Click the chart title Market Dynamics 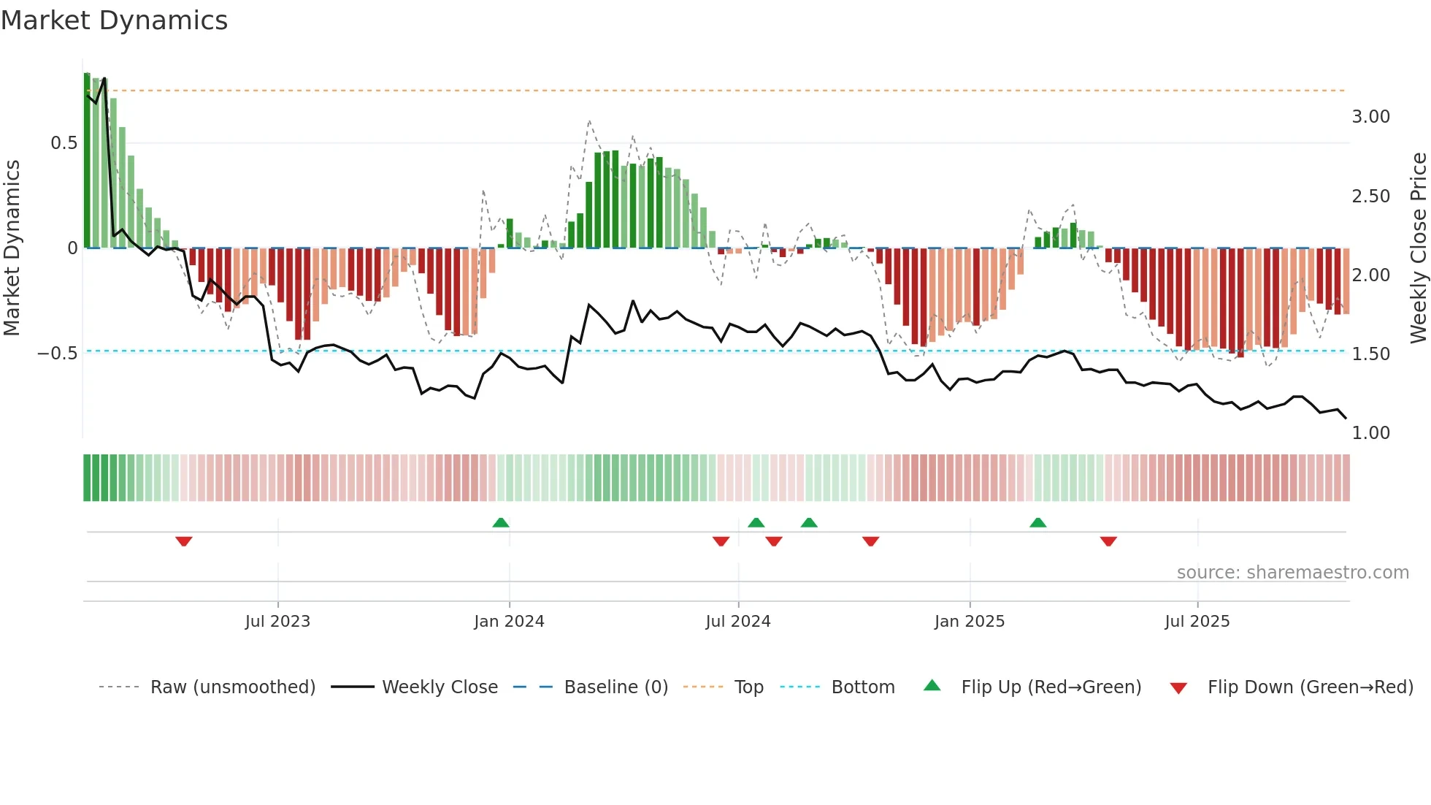coord(114,20)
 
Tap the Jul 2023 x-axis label coord(277,622)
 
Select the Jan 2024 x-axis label coord(509,622)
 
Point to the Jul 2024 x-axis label coord(738,622)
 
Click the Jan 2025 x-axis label coord(970,622)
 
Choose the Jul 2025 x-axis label coord(1197,622)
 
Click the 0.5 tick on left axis coord(64,143)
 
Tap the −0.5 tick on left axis coord(58,354)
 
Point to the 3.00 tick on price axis coord(1371,117)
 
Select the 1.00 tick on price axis coord(1371,433)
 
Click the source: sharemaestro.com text coord(1292,573)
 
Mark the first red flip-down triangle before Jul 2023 coord(184,541)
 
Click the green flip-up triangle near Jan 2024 coord(501,522)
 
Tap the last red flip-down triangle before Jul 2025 coord(1108,541)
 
